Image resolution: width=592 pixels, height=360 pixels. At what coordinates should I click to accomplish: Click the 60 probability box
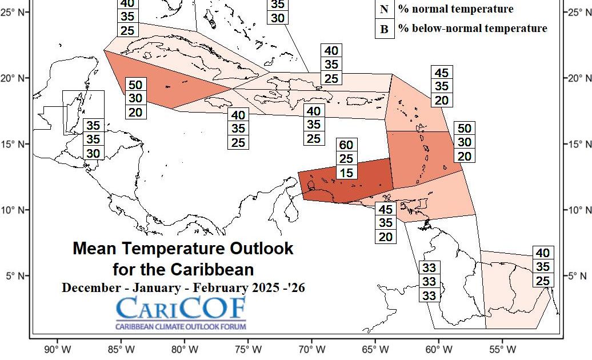coord(346,145)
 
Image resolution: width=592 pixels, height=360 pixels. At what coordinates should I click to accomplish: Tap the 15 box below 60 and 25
coord(346,173)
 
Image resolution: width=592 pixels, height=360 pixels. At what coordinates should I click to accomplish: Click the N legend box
coord(384,9)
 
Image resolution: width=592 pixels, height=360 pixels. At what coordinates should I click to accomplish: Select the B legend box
coord(384,29)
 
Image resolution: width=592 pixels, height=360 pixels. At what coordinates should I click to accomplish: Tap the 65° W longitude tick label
coord(375,349)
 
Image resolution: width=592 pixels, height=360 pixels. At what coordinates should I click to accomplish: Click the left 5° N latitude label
coord(14,276)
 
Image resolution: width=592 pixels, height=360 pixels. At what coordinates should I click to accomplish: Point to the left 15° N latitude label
coord(14,145)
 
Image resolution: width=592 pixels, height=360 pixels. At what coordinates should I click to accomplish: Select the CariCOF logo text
coord(181,309)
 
